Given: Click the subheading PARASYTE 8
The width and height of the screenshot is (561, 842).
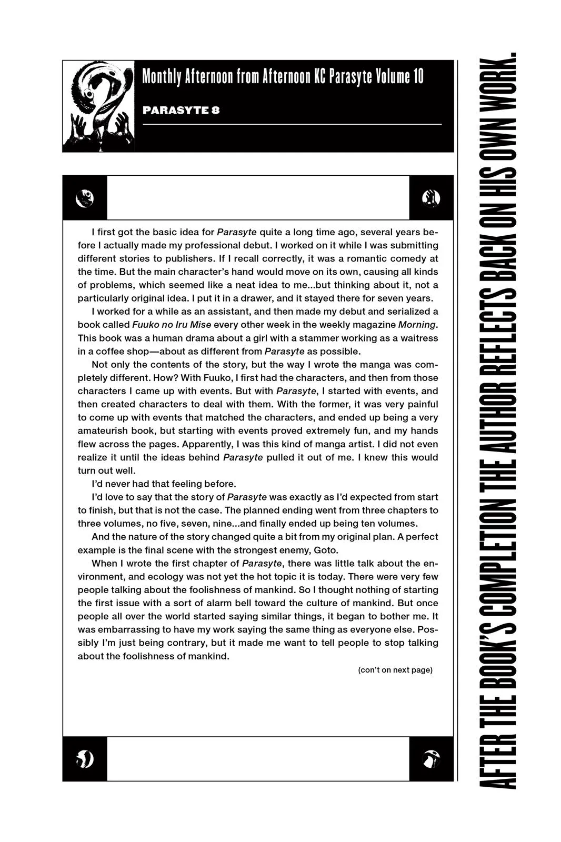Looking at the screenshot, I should pos(181,111).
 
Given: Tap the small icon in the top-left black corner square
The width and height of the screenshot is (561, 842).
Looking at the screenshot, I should pos(85,198).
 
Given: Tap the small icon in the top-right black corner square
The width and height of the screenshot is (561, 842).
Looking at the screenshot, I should pos(431,198).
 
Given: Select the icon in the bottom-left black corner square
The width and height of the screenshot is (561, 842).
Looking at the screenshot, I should pos(85,759).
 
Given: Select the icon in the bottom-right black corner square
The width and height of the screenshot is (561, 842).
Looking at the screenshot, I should pos(431,759).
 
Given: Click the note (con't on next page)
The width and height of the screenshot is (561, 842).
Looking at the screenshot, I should pos(395,670).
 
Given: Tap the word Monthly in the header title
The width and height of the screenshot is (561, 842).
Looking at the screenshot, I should pos(161,77).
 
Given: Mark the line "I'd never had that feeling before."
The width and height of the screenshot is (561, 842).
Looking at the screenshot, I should pos(164,484).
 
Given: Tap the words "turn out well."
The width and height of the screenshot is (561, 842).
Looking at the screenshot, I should pos(106,470).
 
